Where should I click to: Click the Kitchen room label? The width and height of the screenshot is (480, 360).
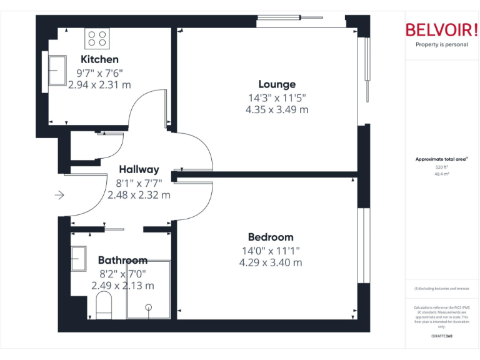(x=99, y=59)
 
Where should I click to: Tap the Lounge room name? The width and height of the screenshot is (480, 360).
(x=277, y=84)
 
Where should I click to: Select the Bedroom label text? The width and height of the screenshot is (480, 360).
(x=271, y=237)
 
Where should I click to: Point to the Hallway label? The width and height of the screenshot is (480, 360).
(x=139, y=169)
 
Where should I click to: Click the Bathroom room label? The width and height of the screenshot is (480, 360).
(x=122, y=260)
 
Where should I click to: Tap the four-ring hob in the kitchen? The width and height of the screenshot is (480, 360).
(x=96, y=39)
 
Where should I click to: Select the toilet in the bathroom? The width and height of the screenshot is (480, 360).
(x=104, y=306)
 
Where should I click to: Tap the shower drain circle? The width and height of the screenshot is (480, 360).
(x=149, y=307)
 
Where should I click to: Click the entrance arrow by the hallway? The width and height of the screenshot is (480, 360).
(x=59, y=196)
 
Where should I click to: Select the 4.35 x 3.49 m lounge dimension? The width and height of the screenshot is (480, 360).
(x=277, y=109)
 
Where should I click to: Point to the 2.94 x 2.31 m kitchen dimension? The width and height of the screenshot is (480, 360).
(x=99, y=84)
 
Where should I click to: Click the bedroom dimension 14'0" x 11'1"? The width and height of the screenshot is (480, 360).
(x=271, y=250)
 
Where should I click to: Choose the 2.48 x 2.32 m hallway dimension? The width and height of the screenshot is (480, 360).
(x=139, y=195)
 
